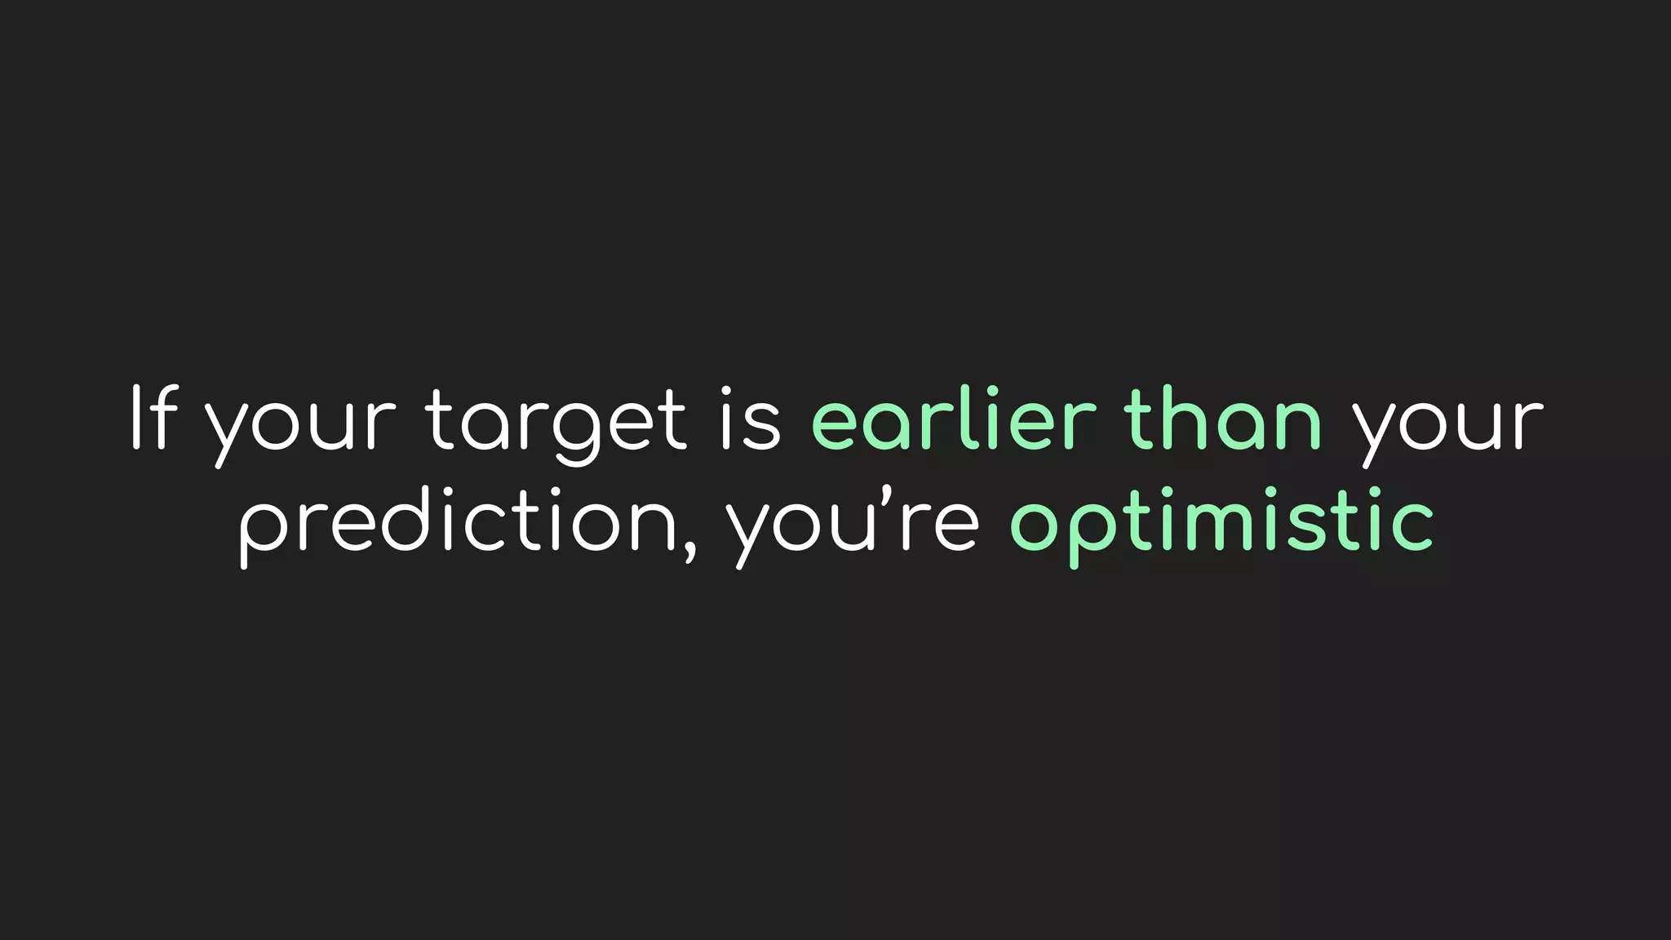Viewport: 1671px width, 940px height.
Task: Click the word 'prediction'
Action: (x=458, y=522)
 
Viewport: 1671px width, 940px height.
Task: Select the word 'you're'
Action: (x=853, y=522)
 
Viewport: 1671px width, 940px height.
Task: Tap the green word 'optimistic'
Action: (x=1222, y=522)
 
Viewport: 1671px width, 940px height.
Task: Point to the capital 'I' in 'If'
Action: (x=136, y=419)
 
